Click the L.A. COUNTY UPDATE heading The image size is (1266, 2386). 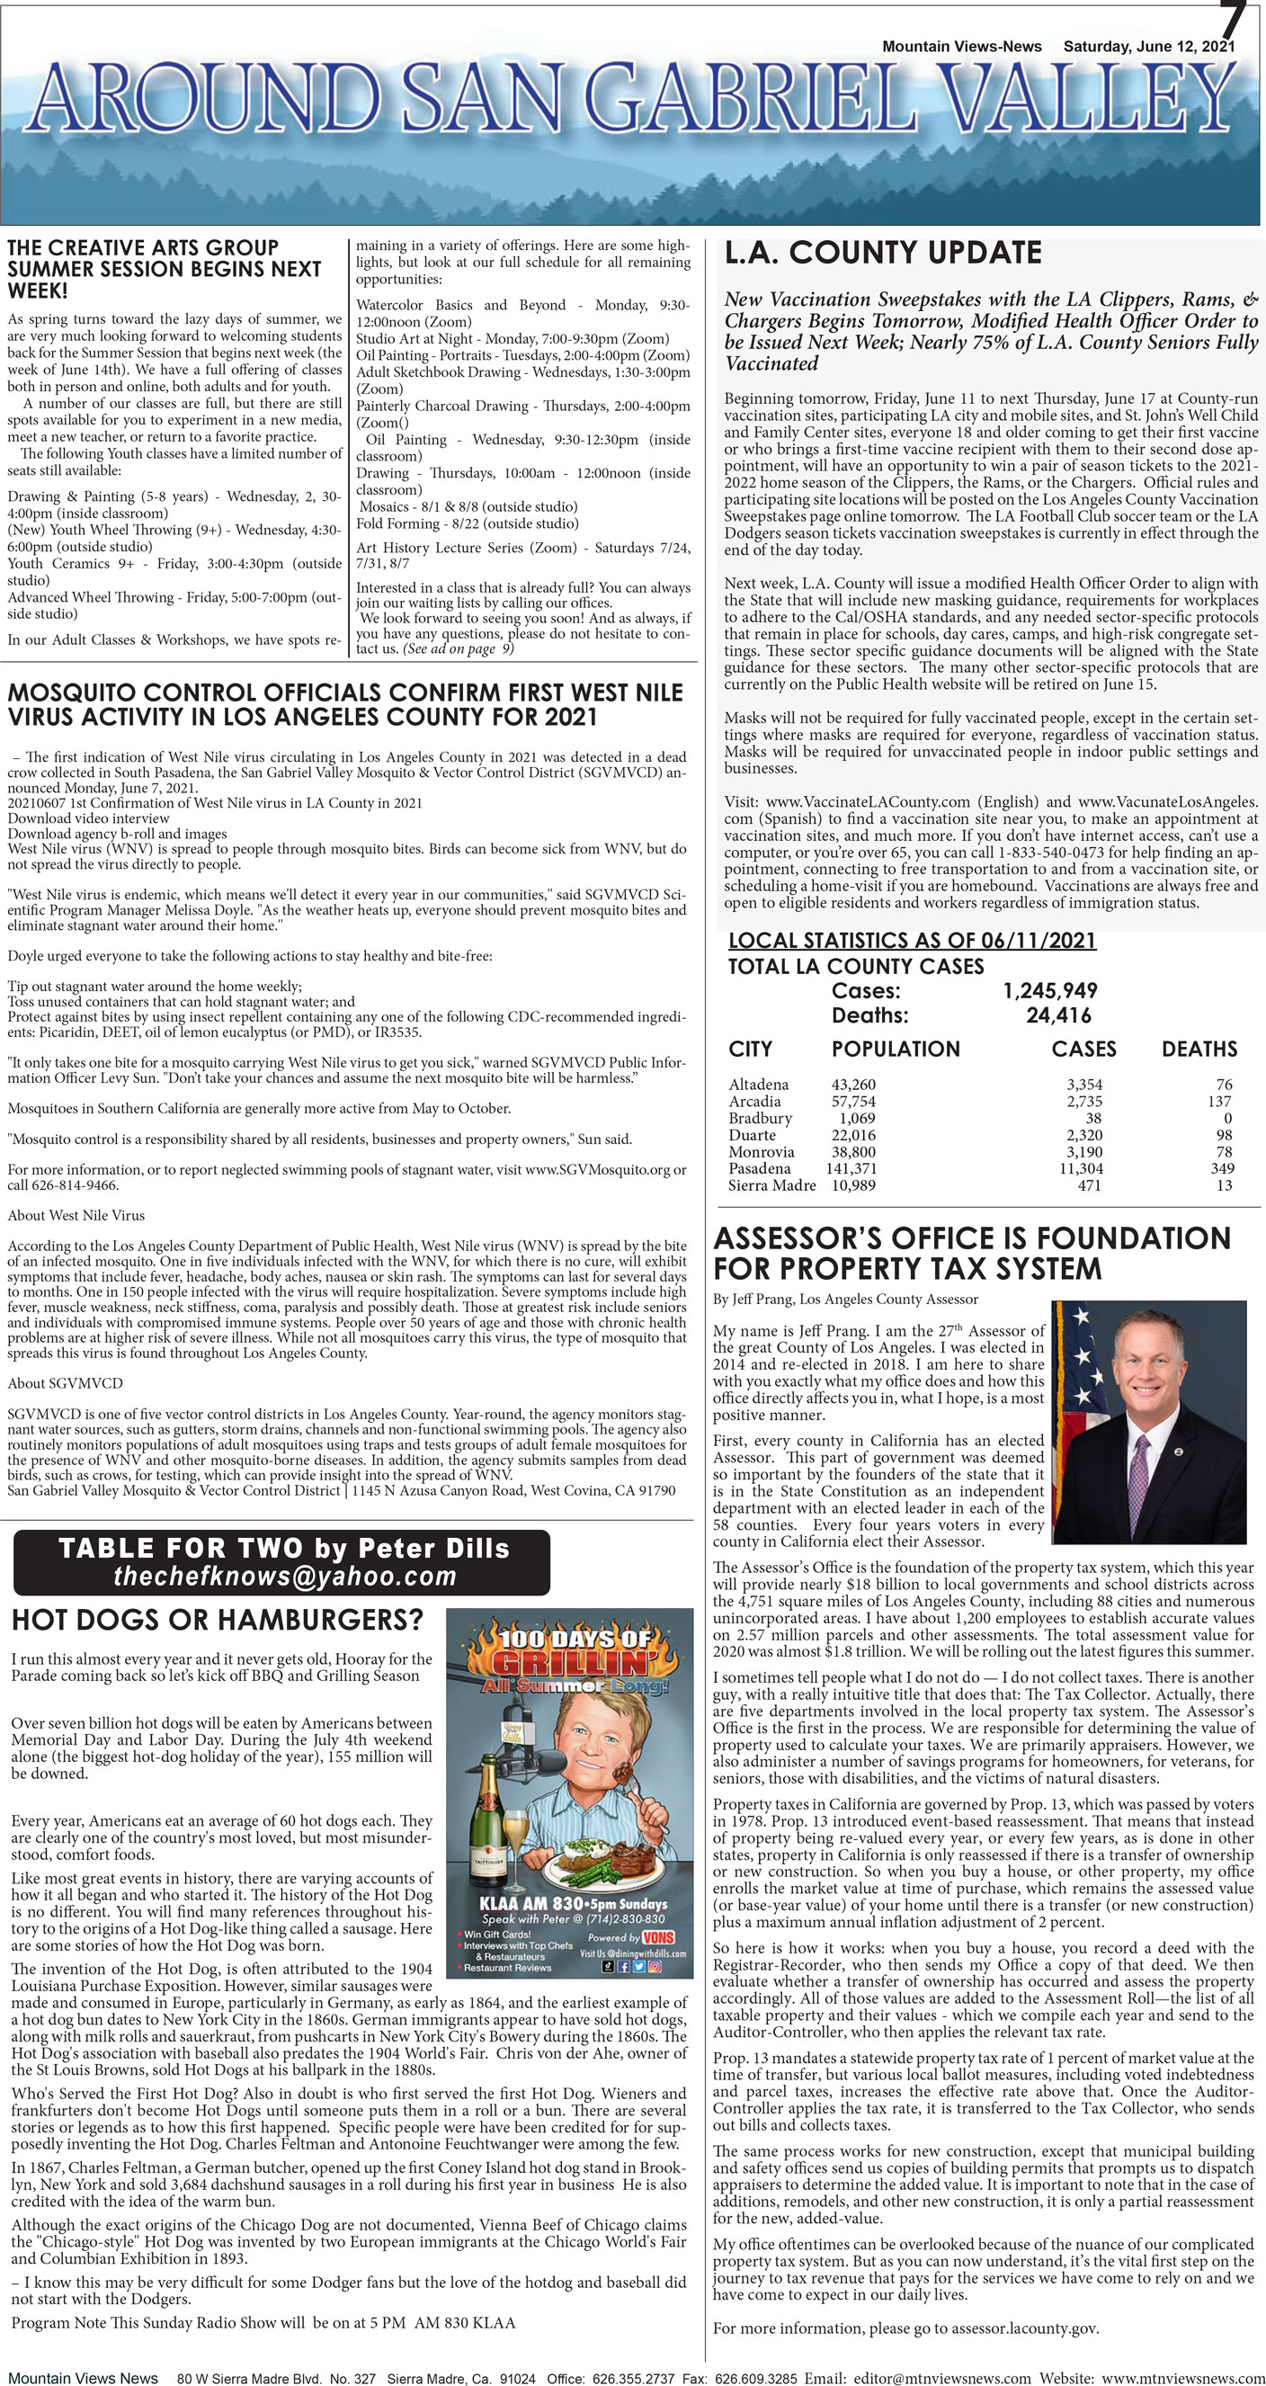(x=882, y=252)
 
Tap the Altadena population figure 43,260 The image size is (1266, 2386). (x=853, y=1084)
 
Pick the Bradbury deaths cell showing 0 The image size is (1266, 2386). (x=1227, y=1118)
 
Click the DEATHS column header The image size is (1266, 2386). (x=1199, y=1049)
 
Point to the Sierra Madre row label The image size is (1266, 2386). (x=771, y=1184)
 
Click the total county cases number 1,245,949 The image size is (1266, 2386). (x=1049, y=990)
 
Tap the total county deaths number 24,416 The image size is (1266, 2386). (x=1057, y=1015)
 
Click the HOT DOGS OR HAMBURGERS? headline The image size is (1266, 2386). (x=217, y=1620)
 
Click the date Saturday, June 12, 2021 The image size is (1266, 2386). (x=1147, y=46)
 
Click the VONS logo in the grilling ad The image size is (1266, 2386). (x=657, y=1938)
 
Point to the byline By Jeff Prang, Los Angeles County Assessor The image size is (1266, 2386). (x=844, y=1299)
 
